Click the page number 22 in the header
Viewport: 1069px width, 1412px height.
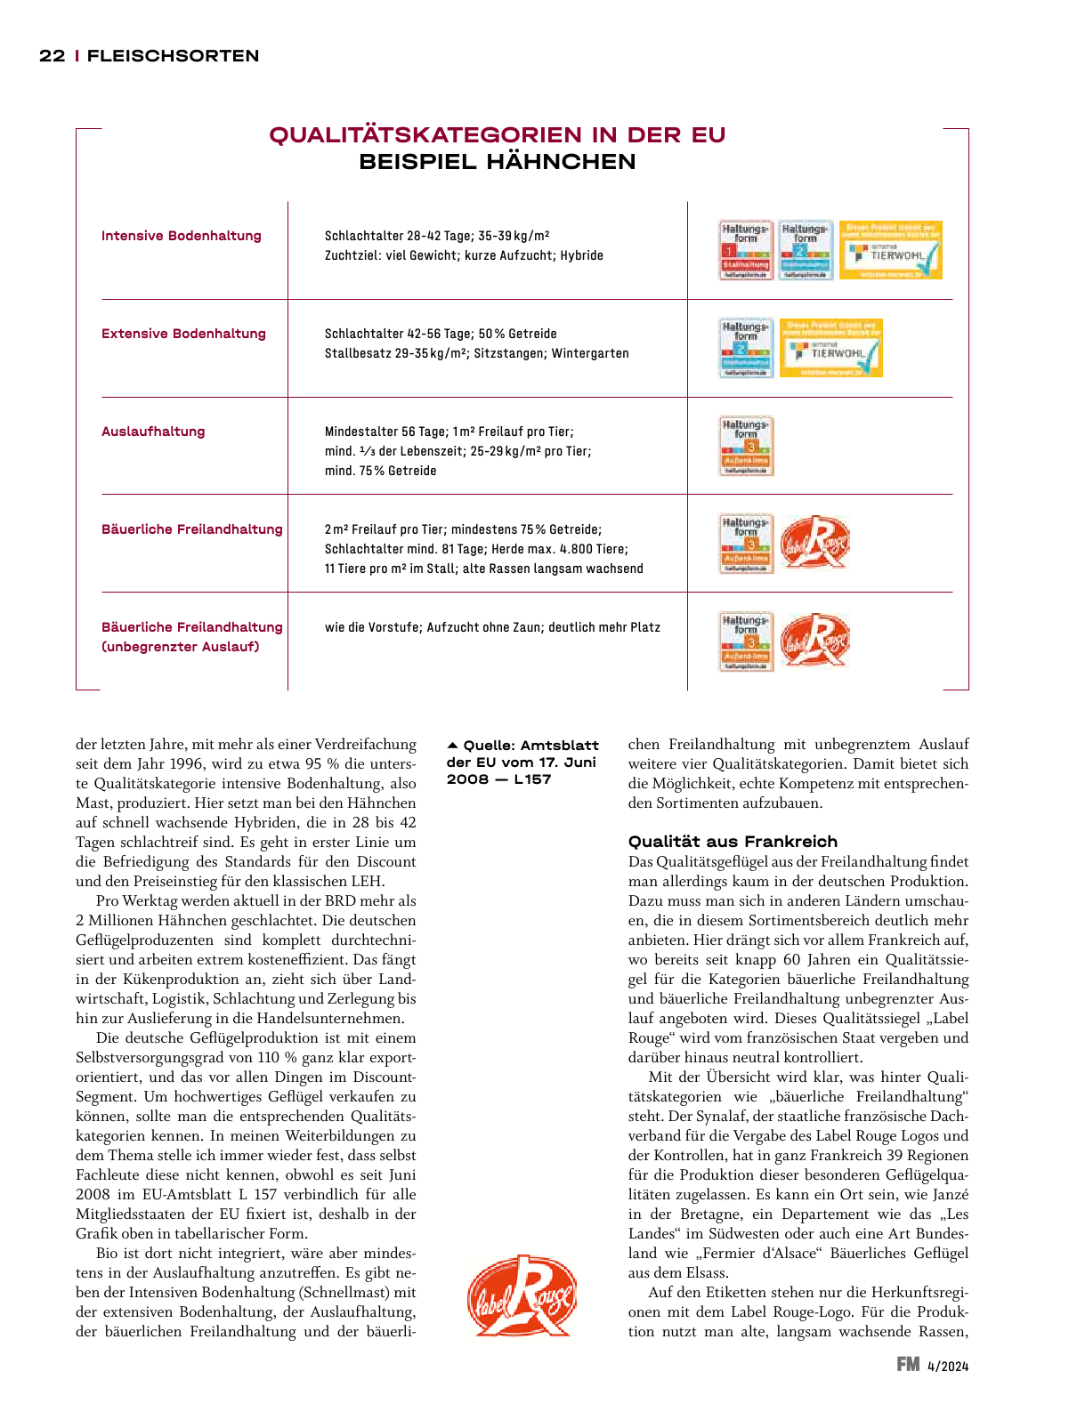(52, 56)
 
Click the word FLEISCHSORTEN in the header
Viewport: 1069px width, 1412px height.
(174, 56)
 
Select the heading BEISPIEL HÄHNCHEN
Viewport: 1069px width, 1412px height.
(498, 162)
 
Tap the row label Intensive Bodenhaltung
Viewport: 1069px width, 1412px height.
(182, 236)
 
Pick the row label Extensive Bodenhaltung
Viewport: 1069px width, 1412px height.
(183, 334)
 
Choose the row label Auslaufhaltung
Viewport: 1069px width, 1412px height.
(153, 432)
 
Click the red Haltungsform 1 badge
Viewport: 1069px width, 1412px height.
(746, 250)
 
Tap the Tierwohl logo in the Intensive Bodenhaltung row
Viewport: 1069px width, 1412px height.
(890, 250)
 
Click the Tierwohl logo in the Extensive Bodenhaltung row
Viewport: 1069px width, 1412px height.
(830, 348)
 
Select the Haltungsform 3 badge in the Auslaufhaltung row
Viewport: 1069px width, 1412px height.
(746, 446)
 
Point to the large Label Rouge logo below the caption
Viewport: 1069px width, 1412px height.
(522, 1295)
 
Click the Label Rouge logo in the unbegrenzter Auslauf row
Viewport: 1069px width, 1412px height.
(814, 641)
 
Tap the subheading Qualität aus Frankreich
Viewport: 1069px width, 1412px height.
(733, 842)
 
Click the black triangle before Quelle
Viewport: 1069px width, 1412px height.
(452, 745)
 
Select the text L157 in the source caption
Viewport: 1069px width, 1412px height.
(532, 779)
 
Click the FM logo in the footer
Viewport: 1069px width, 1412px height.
(908, 1364)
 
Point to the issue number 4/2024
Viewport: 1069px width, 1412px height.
(948, 1366)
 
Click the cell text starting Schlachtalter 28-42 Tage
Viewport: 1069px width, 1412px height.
(437, 236)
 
